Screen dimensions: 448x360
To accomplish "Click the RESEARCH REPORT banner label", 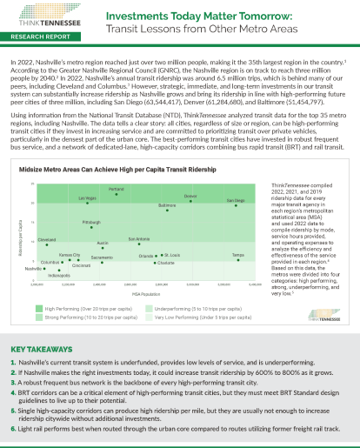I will pos(39,39).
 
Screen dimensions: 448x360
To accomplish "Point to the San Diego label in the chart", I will pos(236,200).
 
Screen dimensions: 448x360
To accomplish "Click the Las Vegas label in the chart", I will pos(88,198).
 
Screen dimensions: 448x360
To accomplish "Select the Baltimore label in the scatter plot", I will pos(167,205).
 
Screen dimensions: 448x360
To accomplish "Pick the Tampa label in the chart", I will pos(237,254).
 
